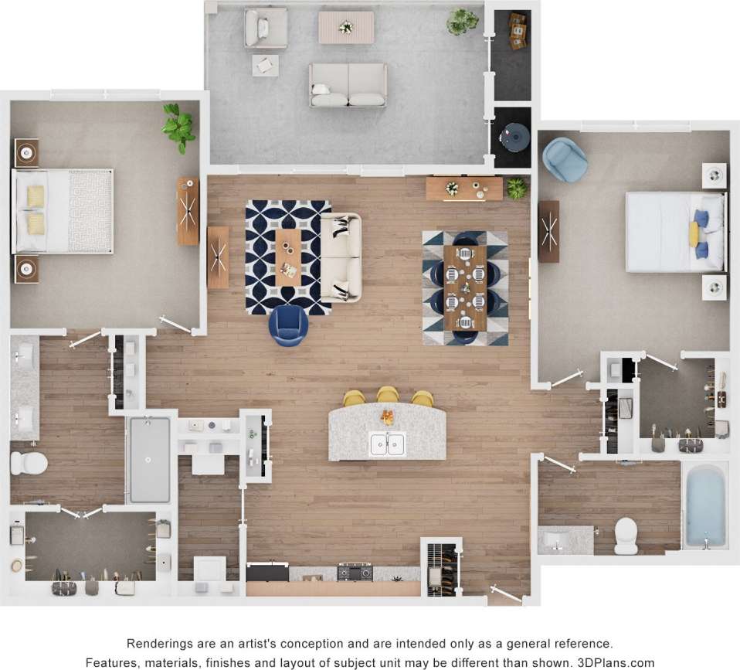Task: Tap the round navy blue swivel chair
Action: pos(288,325)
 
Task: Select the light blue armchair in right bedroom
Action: pos(564,159)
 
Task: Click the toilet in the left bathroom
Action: pos(29,463)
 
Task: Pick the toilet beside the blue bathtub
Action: pos(626,535)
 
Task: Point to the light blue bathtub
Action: pos(705,505)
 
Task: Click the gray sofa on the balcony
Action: pos(348,85)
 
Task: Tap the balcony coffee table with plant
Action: pos(346,27)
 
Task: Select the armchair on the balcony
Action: pos(266,28)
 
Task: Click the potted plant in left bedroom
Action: pos(178,128)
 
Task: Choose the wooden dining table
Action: pos(466,287)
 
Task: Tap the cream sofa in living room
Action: pos(341,257)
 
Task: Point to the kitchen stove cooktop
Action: pos(355,573)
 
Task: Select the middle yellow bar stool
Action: pos(388,396)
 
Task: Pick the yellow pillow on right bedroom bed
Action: pos(694,233)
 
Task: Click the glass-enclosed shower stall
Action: pos(150,460)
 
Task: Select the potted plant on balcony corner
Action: pos(462,21)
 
